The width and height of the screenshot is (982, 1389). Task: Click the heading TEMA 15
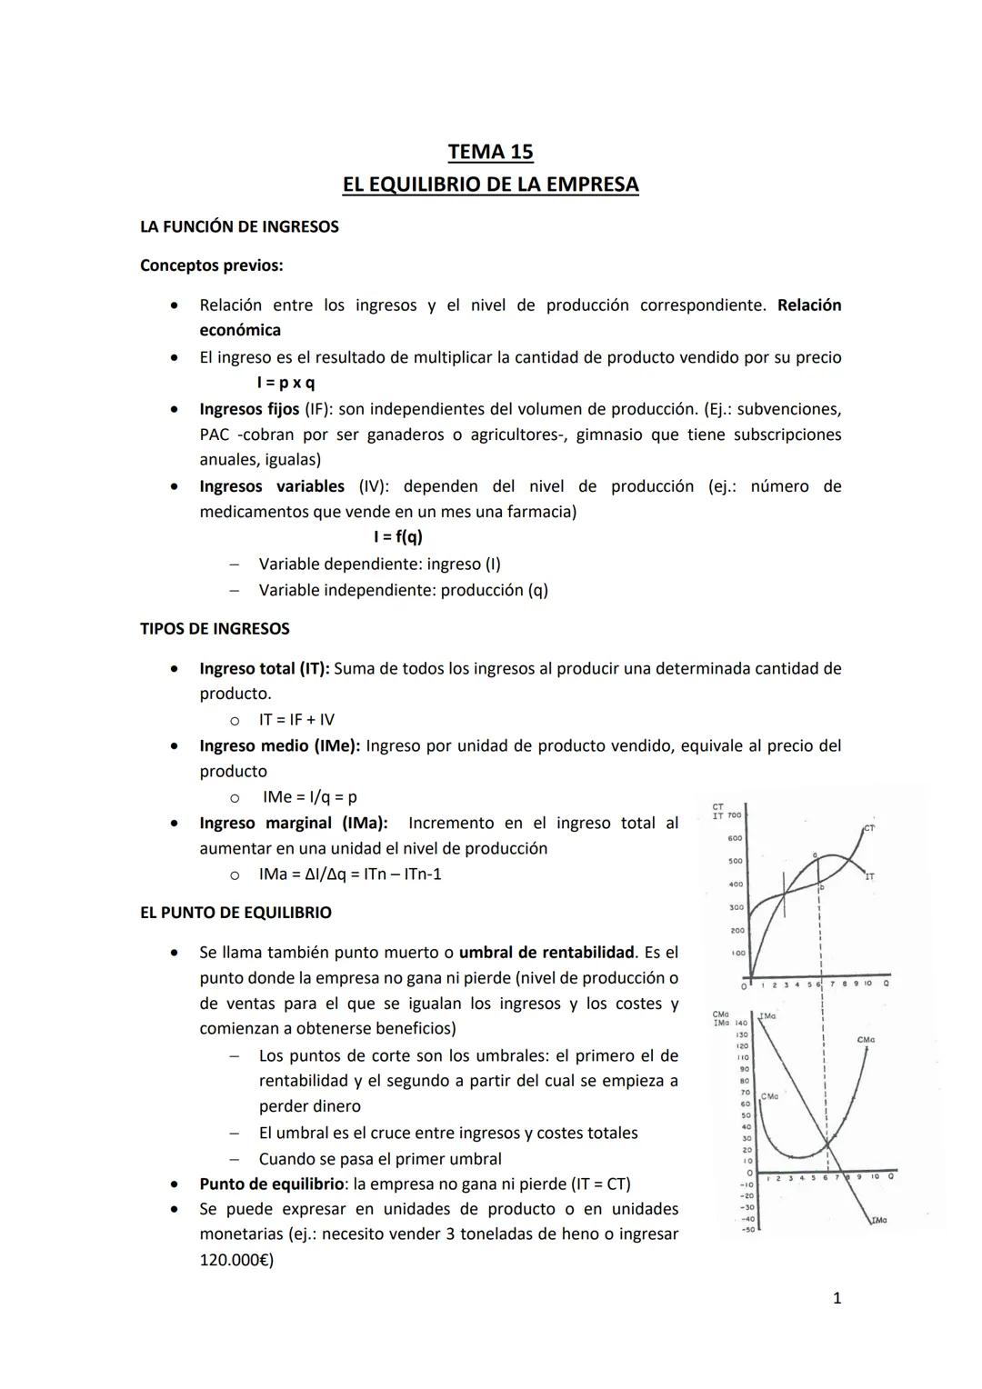(490, 152)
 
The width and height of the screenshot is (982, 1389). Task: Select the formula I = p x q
(286, 383)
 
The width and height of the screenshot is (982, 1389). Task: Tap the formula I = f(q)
(398, 537)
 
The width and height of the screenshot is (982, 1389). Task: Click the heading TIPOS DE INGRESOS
(215, 629)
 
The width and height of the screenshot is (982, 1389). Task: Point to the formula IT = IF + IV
(296, 720)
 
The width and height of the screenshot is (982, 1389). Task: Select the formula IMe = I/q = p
(309, 797)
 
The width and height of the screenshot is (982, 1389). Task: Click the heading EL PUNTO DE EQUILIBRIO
(235, 913)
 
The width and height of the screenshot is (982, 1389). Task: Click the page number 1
(837, 1298)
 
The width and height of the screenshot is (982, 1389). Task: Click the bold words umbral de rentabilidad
(546, 953)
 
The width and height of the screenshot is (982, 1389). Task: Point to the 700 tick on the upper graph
(734, 815)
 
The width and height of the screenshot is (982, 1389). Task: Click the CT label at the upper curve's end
(869, 828)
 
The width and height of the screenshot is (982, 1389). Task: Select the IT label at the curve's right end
(870, 877)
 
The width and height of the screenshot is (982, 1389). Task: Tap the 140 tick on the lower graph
(741, 1024)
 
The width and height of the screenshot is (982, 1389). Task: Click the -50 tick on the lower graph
(747, 1230)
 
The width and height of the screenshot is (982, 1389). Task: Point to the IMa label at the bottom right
(878, 1220)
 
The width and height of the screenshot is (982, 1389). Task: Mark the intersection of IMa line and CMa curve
(828, 1142)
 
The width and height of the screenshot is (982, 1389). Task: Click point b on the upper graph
(821, 887)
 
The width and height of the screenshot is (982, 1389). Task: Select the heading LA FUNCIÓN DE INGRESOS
(239, 226)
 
